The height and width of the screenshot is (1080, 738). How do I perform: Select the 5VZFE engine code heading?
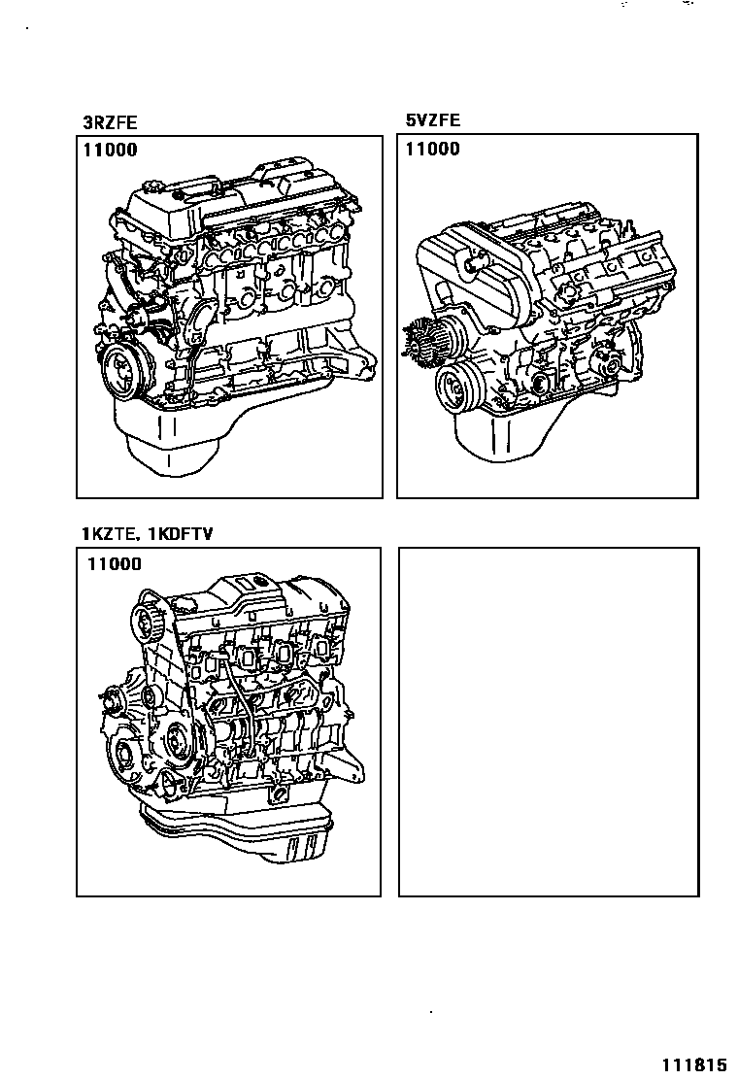[432, 120]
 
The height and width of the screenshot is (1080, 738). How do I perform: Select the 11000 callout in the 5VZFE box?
[432, 149]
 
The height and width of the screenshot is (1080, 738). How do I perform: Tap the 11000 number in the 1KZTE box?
[114, 563]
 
